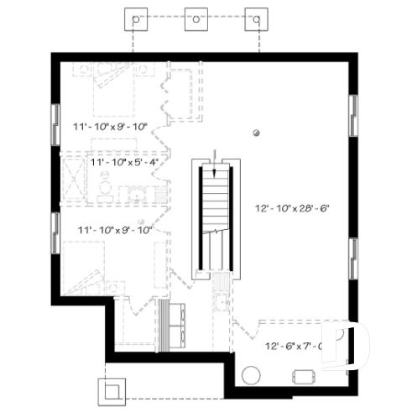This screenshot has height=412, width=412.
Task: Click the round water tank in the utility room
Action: (251, 374)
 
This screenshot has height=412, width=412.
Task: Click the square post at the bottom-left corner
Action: (112, 390)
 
